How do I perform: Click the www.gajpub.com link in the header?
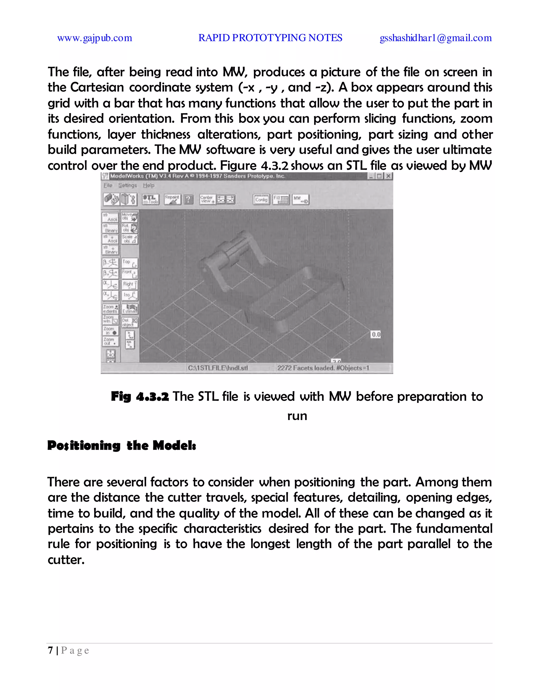coord(95,38)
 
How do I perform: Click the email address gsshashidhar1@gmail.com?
coord(436,38)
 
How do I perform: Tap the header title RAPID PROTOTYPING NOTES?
coord(270,38)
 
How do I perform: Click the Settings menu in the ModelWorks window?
coord(127,185)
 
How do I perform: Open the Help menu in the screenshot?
coord(149,185)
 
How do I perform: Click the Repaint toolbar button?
coord(172,199)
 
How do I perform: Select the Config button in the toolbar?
coord(261,200)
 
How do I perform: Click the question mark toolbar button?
coord(188,200)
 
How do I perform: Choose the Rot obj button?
coord(129,228)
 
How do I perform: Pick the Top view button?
coord(129,263)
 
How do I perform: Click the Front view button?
coord(129,273)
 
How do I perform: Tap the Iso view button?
coord(129,295)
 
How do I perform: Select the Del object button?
coord(129,323)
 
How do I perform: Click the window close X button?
coord(388,176)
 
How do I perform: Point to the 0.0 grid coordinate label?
coord(376,335)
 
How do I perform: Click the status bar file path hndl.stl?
coord(218,368)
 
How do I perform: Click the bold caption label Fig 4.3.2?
coord(140,397)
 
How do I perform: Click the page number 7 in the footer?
coord(50,650)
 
